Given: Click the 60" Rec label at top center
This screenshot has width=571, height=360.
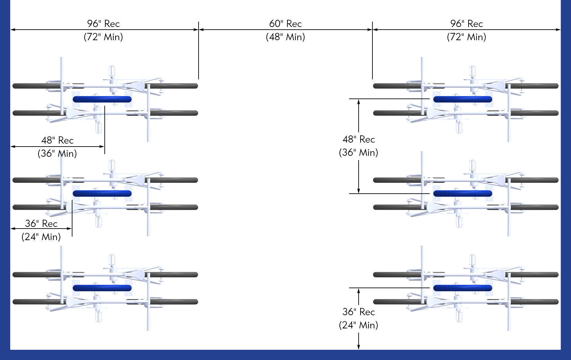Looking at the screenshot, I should point(285,24).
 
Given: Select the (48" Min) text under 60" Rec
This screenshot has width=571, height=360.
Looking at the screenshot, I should point(285,37).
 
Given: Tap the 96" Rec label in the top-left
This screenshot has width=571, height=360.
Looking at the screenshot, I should point(103,24).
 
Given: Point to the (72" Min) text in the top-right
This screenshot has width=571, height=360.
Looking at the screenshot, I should point(466,37).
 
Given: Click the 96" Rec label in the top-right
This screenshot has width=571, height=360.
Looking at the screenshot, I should point(466,24).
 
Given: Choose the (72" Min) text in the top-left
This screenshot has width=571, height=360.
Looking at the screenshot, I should point(103,37).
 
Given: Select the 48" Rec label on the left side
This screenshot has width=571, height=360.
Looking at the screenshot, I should point(57,140).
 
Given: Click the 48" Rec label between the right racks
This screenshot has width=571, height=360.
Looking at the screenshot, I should point(359,139).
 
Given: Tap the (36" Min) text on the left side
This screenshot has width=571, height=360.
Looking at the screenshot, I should point(57,153).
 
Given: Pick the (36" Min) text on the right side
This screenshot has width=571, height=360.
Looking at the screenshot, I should point(358,152).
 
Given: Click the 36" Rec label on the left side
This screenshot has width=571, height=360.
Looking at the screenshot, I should point(41,224).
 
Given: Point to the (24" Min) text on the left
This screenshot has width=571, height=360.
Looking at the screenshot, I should point(41,237).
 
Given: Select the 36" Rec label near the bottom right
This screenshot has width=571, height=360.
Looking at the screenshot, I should point(359,312).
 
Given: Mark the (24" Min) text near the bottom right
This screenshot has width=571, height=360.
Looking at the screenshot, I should point(358,325).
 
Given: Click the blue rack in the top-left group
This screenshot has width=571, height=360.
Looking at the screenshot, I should point(102,99).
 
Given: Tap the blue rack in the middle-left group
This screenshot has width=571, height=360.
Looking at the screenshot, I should point(102,193).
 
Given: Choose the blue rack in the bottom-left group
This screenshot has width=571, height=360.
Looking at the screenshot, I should point(102,288).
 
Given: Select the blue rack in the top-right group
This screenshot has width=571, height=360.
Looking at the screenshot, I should point(463,99).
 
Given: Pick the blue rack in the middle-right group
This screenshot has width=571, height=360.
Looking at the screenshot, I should point(463,193).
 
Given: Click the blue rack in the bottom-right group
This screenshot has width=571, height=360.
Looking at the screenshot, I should point(463,288).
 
